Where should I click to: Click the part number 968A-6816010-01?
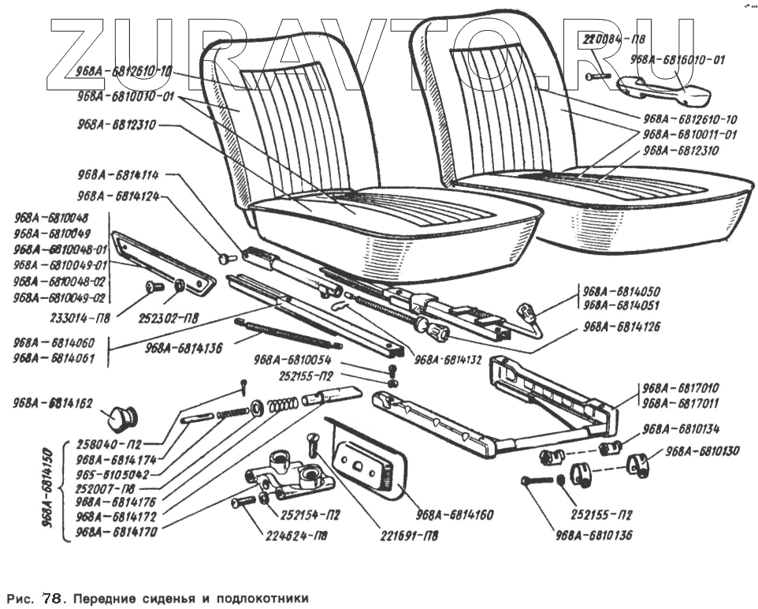click(x=678, y=59)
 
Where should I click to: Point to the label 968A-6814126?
click(x=622, y=327)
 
